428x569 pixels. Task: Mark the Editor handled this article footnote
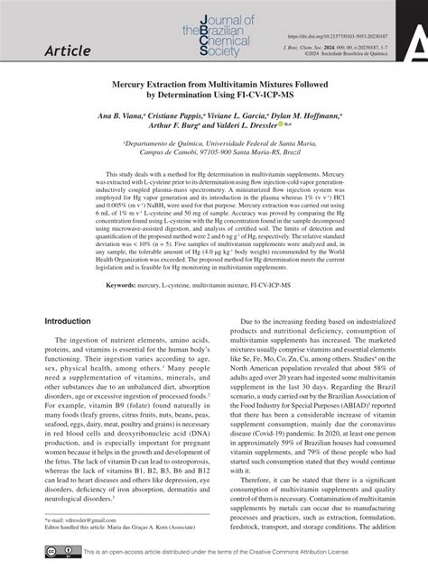click(x=126, y=528)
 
